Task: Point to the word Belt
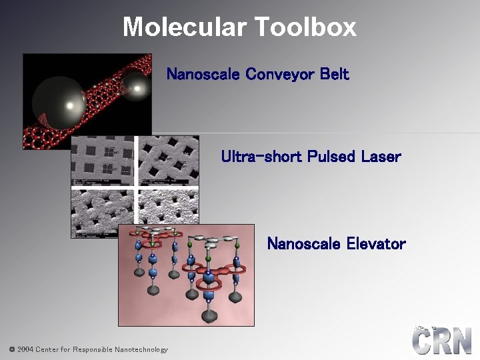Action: (x=335, y=74)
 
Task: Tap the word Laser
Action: (x=381, y=157)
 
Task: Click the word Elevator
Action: (x=376, y=244)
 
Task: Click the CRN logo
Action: (x=441, y=341)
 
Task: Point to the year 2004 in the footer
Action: (x=25, y=349)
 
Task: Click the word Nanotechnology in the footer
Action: (x=141, y=349)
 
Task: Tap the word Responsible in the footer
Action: (x=93, y=349)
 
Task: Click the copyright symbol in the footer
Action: (x=11, y=349)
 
